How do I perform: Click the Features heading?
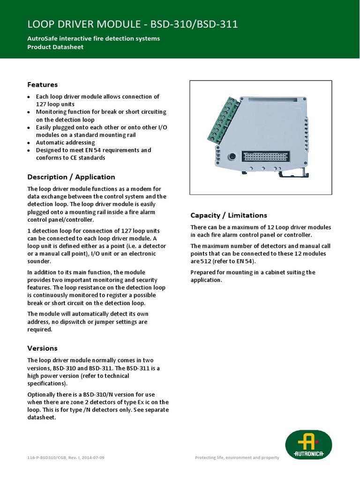(x=42, y=85)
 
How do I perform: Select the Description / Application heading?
(x=71, y=177)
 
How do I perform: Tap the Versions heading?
(x=42, y=348)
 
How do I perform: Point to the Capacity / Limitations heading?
(x=228, y=215)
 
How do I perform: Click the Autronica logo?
(x=308, y=445)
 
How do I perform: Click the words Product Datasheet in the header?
(x=55, y=47)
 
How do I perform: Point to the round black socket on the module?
(x=231, y=157)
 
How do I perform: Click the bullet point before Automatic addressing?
(x=29, y=142)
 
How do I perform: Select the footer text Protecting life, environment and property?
(x=237, y=457)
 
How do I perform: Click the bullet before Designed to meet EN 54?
(x=29, y=150)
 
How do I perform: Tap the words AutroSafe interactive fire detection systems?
(x=93, y=38)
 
